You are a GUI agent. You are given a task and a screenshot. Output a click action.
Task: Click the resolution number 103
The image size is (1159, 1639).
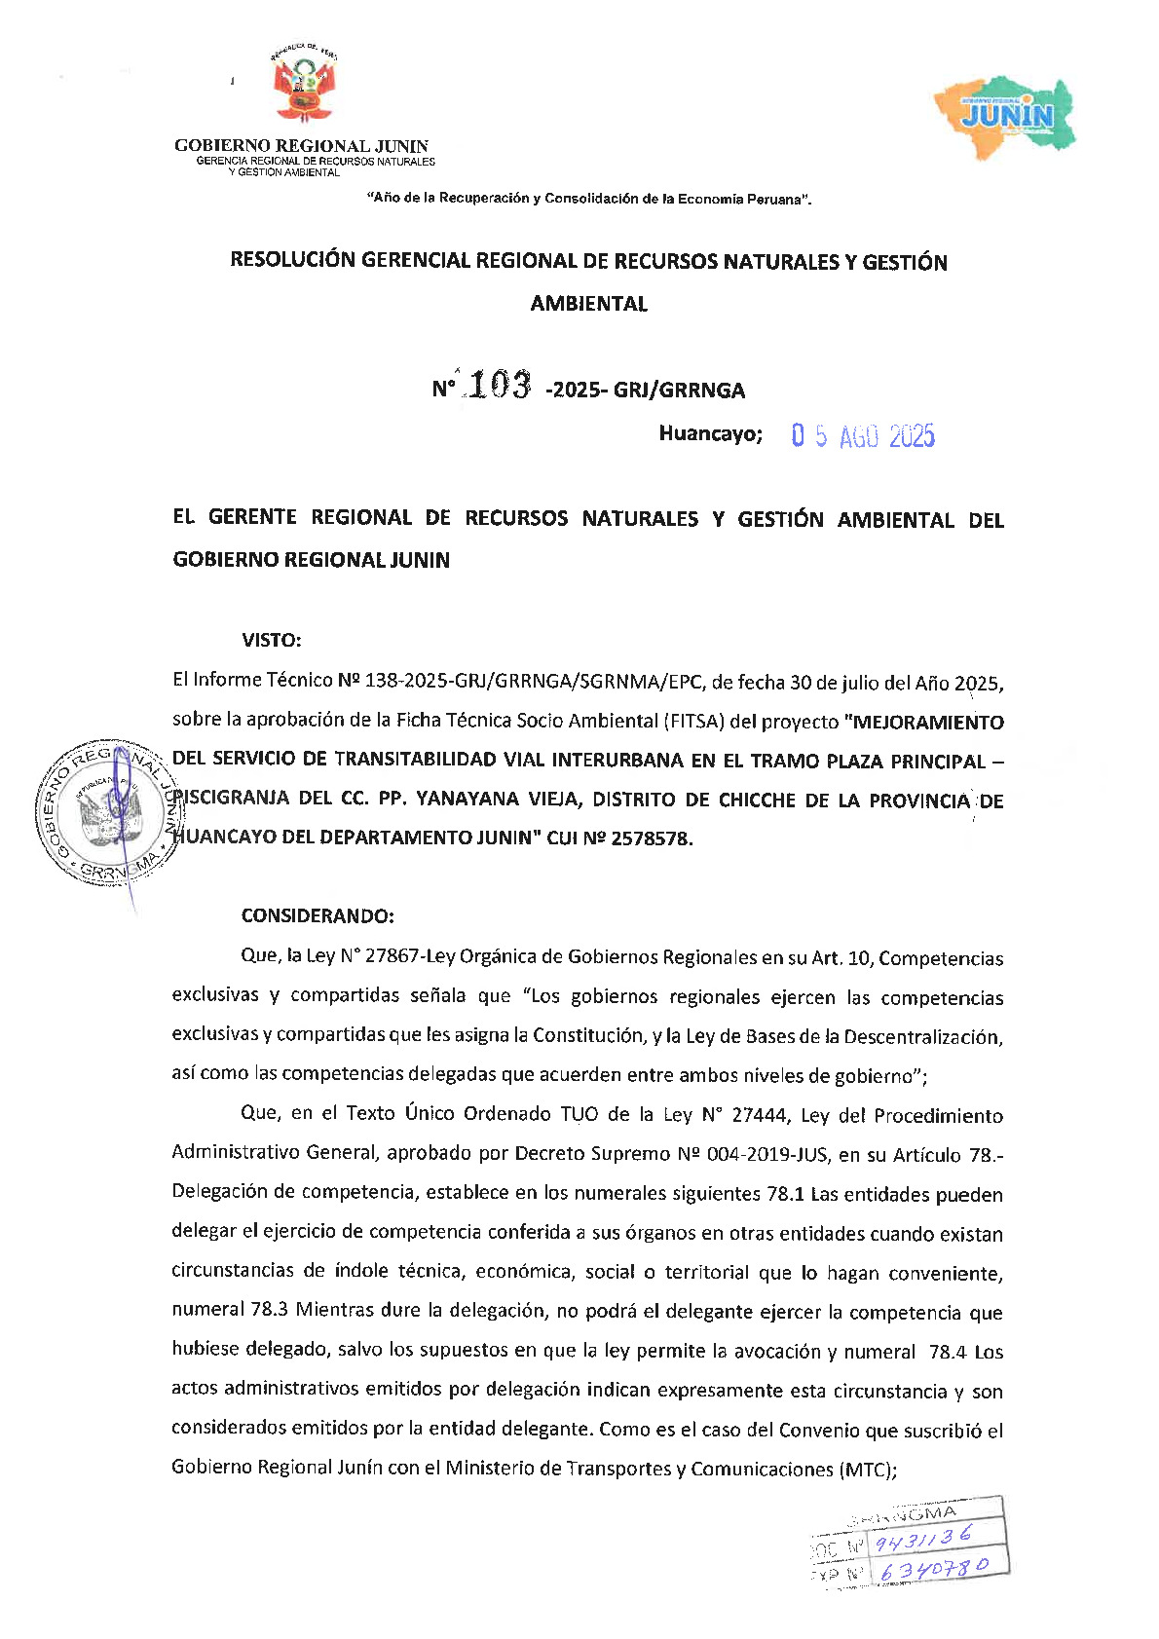coord(499,386)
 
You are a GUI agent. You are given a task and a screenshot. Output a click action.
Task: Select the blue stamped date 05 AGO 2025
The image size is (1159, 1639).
coord(862,436)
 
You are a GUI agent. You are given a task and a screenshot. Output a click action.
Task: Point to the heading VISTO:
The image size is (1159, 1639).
coord(272,641)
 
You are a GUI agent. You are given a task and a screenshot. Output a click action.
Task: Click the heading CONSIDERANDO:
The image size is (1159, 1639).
coord(318,916)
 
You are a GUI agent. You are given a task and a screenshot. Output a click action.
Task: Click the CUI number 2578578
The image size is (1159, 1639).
coord(651,838)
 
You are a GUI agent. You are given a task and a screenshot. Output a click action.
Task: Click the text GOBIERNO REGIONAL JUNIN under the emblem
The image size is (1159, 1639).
coord(301,146)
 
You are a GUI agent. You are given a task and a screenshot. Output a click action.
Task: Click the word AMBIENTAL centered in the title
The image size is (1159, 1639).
coord(588,304)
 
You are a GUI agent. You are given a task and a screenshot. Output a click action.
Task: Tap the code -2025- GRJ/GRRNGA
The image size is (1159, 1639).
coord(646,391)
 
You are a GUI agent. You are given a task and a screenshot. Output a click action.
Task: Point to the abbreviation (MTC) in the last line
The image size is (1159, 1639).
coord(866,1470)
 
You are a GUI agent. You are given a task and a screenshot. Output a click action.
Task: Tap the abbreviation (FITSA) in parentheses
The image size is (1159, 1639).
coord(694,722)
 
